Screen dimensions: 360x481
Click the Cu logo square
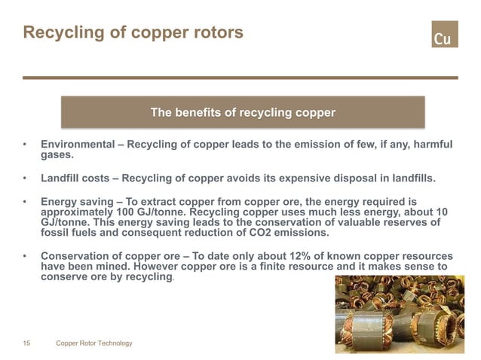(x=444, y=34)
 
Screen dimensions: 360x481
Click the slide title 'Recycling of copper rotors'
(x=133, y=33)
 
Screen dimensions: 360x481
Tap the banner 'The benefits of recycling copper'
(x=243, y=113)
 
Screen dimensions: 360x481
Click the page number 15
(x=26, y=343)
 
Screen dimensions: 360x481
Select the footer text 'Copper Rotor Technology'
(x=94, y=343)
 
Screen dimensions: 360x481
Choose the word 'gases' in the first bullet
(x=57, y=155)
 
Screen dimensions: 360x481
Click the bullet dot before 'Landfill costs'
(x=26, y=179)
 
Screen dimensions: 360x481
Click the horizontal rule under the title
(x=240, y=78)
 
